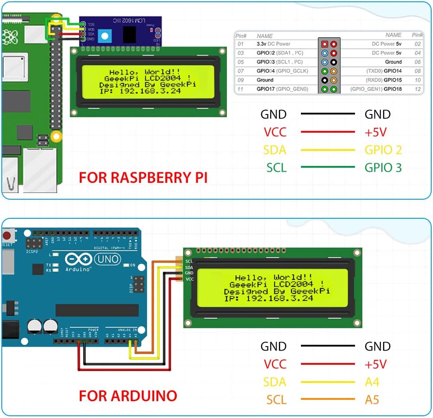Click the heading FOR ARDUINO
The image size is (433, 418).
coord(128,395)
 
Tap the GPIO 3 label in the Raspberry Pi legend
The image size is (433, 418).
coord(383,167)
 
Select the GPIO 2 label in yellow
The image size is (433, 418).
coord(383,150)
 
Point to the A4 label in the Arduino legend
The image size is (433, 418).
coord(372,382)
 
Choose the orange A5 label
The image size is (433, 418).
coord(372,400)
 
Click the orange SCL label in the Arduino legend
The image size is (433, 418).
coord(276,400)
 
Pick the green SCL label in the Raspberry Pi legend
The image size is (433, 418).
coord(277,167)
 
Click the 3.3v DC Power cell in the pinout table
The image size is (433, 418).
coord(273,44)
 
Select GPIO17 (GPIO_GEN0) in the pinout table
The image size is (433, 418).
coord(282,89)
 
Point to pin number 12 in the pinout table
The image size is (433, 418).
coord(417,89)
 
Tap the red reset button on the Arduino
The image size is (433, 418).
coord(7,235)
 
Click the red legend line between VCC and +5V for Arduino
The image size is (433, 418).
coord(328,364)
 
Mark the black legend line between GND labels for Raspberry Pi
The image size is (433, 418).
coord(328,114)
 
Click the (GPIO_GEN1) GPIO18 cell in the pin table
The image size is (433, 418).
coord(376,89)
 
